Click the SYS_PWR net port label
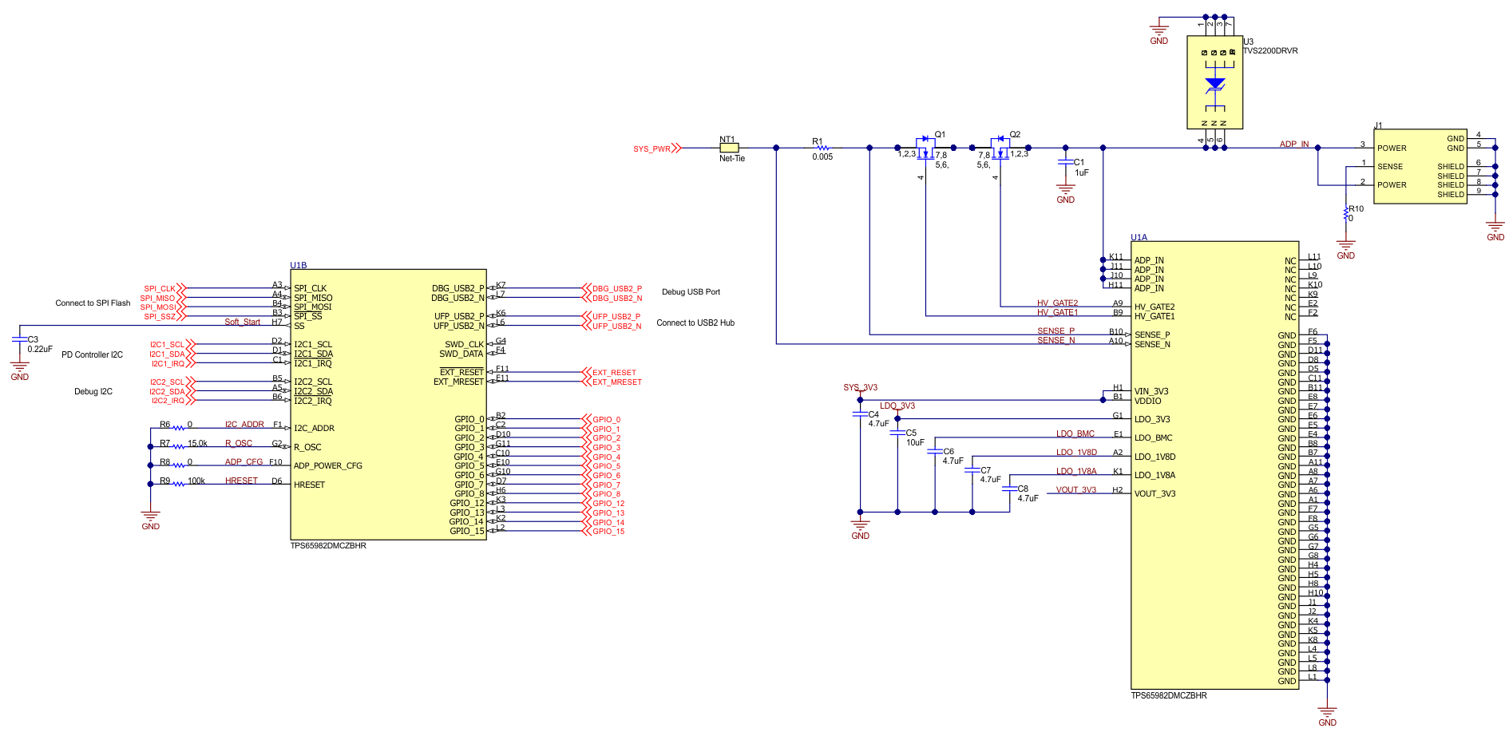[652, 149]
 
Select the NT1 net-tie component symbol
[729, 148]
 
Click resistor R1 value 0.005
[822, 157]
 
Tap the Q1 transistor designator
[940, 134]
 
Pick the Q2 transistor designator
[1015, 134]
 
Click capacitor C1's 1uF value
[1082, 172]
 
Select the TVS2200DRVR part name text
[1270, 51]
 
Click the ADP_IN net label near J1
[1294, 144]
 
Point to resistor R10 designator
[1356, 208]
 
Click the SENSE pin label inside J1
[1390, 167]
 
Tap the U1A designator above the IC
[1139, 237]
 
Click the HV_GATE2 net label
[1057, 303]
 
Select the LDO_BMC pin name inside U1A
[1154, 438]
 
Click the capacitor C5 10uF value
[915, 442]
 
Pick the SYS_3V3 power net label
[860, 388]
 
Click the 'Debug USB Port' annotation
[691, 292]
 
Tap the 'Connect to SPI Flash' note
[93, 303]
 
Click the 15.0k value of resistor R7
[197, 443]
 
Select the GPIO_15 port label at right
[608, 532]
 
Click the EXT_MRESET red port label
[616, 382]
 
